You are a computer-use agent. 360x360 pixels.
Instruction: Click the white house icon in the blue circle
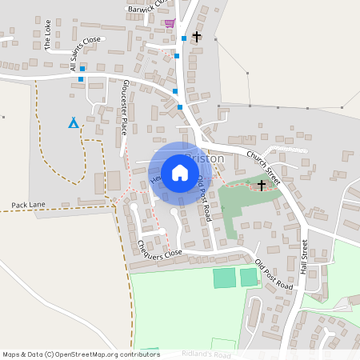(180, 173)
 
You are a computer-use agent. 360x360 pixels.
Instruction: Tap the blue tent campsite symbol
(74, 122)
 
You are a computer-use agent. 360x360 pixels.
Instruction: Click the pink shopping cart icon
(170, 23)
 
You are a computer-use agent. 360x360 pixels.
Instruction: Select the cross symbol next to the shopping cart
(196, 36)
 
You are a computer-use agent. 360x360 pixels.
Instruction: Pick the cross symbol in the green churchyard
(261, 186)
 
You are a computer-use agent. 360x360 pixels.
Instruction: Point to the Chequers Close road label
(160, 249)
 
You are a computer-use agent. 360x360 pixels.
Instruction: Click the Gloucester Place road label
(125, 106)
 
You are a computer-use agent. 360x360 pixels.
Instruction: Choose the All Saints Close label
(86, 54)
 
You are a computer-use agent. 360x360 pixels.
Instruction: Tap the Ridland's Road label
(206, 354)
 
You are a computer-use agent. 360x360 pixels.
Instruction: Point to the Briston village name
(210, 158)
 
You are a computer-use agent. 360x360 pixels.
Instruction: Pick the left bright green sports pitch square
(225, 278)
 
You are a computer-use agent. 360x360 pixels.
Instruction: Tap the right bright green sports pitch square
(249, 277)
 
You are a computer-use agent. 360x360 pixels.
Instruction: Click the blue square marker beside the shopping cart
(184, 38)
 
